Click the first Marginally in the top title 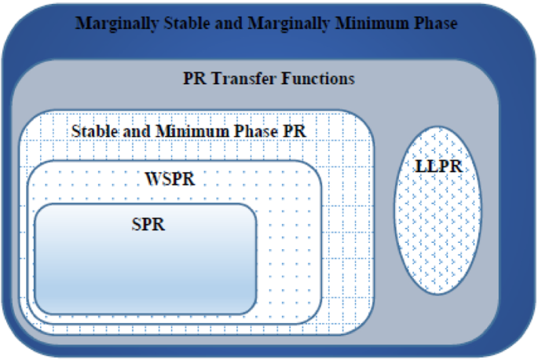pyautogui.click(x=114, y=23)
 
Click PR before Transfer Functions pyautogui.click(x=194, y=79)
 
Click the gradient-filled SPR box pyautogui.click(x=145, y=267)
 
